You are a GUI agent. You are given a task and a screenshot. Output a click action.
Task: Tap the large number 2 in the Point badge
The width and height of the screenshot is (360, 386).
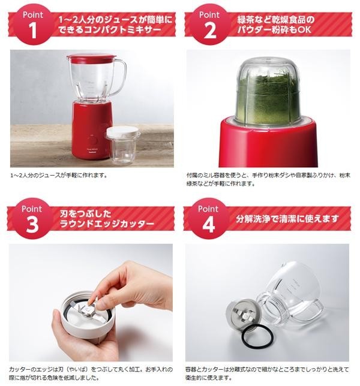click(x=209, y=31)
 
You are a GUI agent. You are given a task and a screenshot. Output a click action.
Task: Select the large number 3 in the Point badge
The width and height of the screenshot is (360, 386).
click(x=32, y=225)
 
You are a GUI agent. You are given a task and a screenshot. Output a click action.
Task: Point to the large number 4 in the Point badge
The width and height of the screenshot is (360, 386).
click(x=208, y=225)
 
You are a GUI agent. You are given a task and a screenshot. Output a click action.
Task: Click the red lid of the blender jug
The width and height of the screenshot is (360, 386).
click(x=91, y=58)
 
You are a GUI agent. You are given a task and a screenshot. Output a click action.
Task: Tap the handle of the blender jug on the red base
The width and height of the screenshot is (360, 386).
click(x=120, y=77)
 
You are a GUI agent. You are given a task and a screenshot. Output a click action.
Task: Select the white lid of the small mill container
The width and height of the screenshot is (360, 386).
click(x=123, y=132)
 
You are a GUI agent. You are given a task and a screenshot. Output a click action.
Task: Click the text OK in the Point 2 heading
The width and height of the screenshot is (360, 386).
click(x=305, y=29)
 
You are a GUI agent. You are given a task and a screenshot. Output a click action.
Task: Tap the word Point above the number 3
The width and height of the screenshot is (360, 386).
click(x=32, y=209)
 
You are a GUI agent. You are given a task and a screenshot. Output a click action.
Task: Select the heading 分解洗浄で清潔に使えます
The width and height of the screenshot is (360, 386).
click(x=287, y=219)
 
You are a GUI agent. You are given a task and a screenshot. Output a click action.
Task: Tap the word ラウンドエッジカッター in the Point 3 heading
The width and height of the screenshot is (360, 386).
click(x=107, y=224)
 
